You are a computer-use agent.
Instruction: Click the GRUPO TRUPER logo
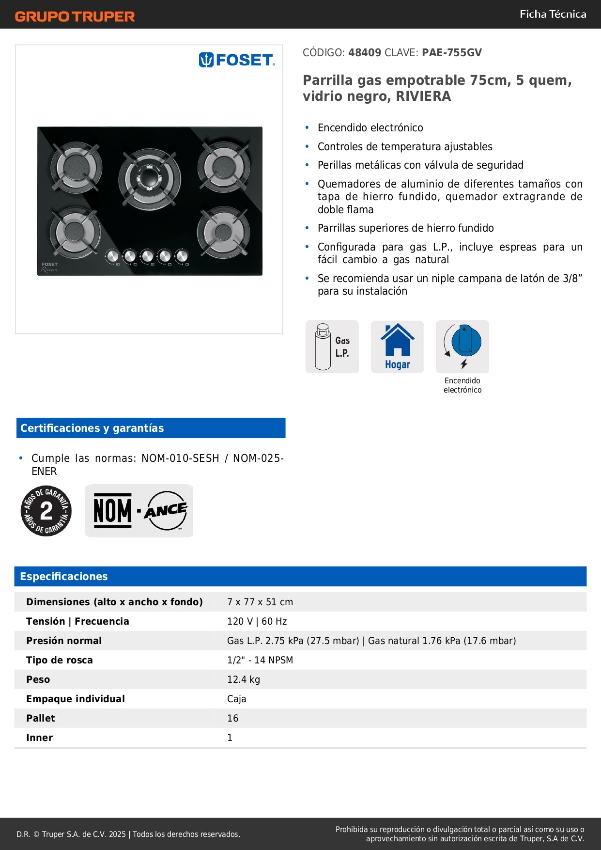[75, 16]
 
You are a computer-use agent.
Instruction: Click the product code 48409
[365, 52]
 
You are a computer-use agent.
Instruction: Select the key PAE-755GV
[451, 52]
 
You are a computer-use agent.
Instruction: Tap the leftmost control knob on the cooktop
[112, 256]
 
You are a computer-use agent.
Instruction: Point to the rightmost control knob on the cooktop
[182, 255]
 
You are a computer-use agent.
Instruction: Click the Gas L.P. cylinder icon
[332, 346]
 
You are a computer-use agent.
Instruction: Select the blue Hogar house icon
[397, 346]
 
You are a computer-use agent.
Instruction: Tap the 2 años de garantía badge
[46, 511]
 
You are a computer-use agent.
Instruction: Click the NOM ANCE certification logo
[139, 511]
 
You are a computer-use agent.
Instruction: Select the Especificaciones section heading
[64, 576]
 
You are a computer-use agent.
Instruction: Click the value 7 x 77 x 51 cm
[260, 602]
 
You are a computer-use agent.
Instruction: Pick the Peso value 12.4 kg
[244, 679]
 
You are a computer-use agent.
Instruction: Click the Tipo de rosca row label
[60, 660]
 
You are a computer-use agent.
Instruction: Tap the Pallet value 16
[233, 718]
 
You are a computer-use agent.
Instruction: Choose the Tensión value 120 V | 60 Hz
[257, 621]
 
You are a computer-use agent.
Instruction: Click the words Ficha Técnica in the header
[553, 14]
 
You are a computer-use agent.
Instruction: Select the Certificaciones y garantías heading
[92, 428]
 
